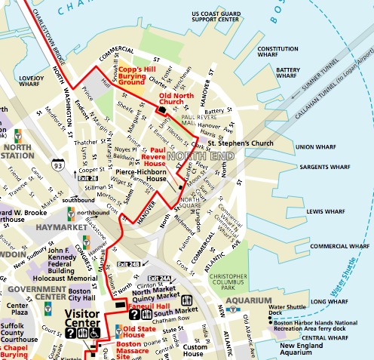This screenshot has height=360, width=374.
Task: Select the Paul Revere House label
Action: coord(154,156)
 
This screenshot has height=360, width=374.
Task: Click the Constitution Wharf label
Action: coord(278,53)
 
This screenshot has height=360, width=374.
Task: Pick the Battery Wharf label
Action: coord(289,73)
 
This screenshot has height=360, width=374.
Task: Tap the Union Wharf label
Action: coord(316,146)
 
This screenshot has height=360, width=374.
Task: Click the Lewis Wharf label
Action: coord(325,211)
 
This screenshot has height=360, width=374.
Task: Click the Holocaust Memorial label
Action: coord(72,278)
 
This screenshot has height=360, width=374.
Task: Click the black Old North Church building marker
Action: coord(162,110)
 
